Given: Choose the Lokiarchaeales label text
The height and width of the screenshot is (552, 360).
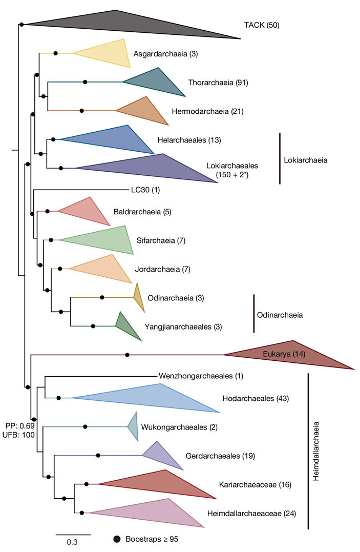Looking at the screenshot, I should pos(232,166).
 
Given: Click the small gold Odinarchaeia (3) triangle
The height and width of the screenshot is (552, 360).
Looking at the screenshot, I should pos(138,297).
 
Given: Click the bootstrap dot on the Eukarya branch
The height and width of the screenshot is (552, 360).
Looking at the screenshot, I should pos(127,355).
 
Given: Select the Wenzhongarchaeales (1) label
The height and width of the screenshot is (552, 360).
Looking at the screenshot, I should pos(201,376).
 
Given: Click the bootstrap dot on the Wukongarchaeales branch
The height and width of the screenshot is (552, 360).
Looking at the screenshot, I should pos(85,426).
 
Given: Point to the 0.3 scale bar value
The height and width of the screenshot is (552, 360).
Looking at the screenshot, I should pos(73,543).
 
